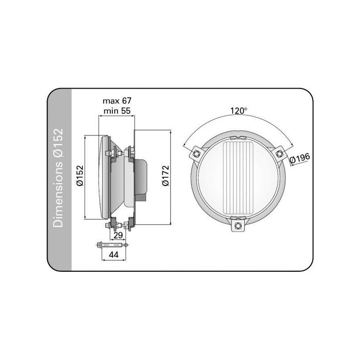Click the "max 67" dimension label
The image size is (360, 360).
click(117, 101)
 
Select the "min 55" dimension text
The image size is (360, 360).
click(117, 111)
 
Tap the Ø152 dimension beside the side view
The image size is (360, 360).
click(80, 175)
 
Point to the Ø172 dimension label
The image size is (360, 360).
click(166, 175)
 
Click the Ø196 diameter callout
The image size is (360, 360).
click(300, 158)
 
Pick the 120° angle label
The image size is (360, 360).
click(239, 111)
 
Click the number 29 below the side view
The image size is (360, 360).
click(118, 235)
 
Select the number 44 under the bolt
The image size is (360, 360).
click(114, 255)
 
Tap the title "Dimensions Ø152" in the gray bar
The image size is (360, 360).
click(58, 178)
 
